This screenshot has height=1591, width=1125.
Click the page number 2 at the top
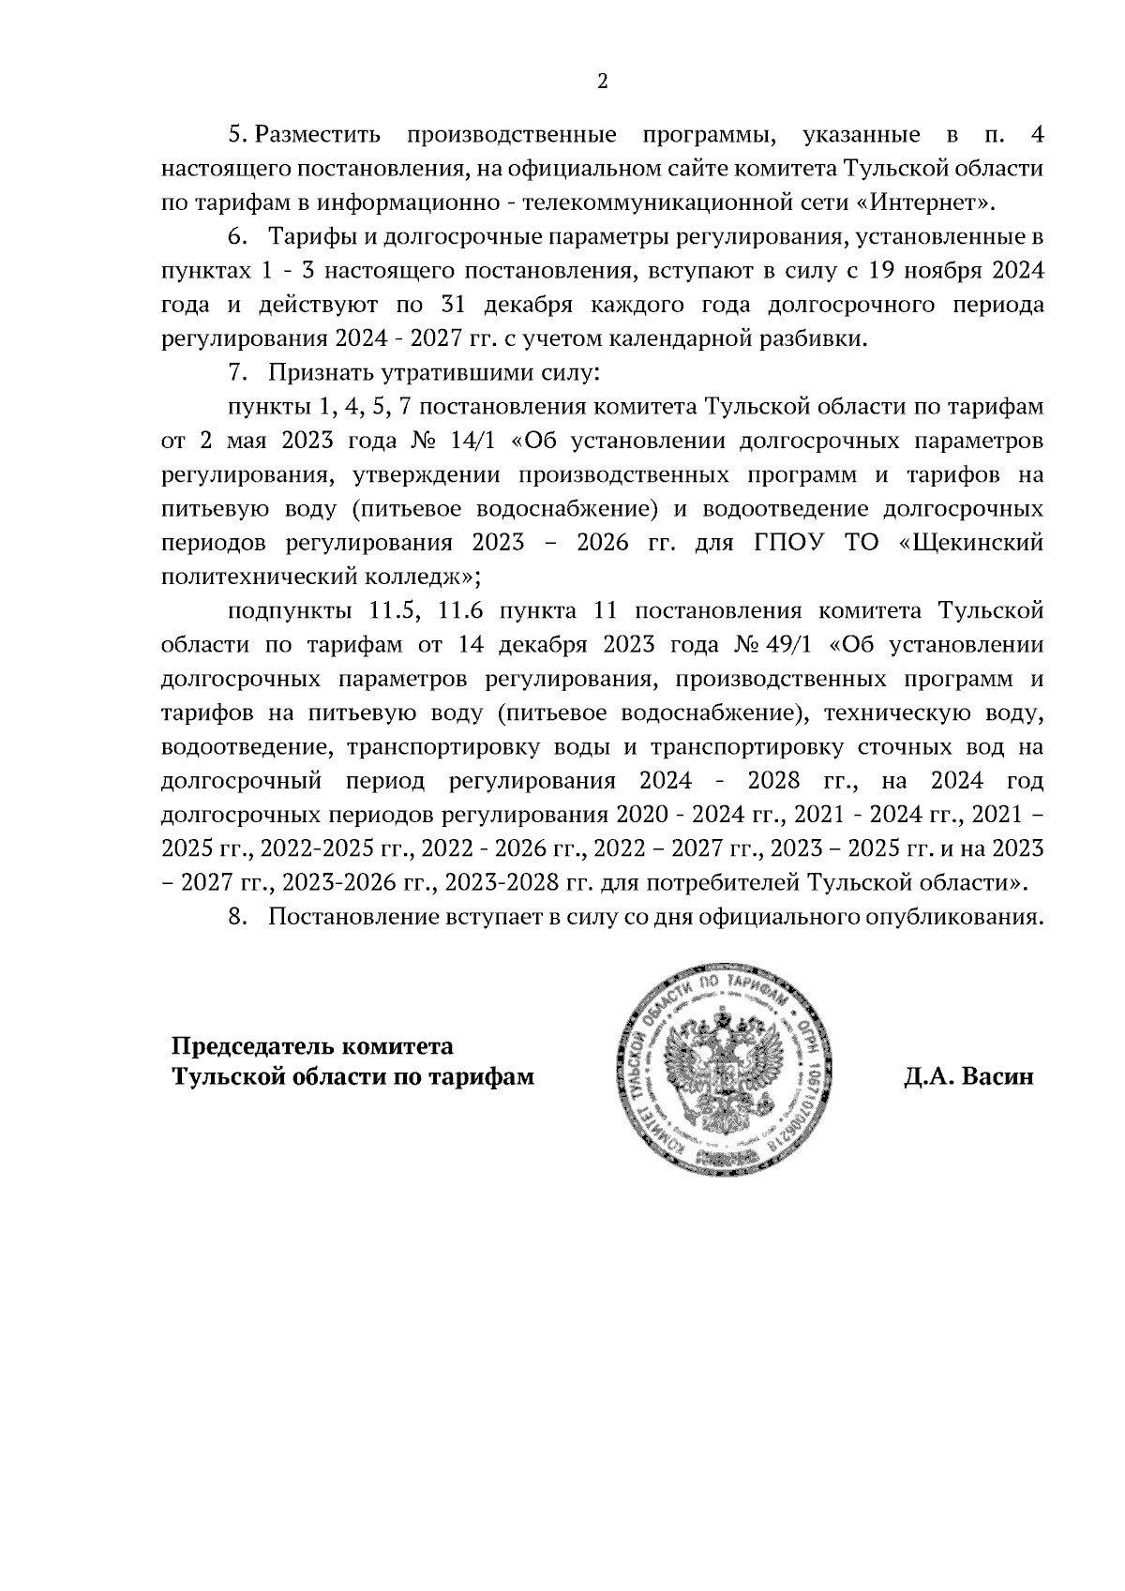pyautogui.click(x=603, y=82)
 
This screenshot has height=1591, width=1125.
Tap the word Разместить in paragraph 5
pyautogui.click(x=318, y=135)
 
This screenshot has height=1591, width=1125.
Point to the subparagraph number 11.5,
pyautogui.click(x=394, y=611)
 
